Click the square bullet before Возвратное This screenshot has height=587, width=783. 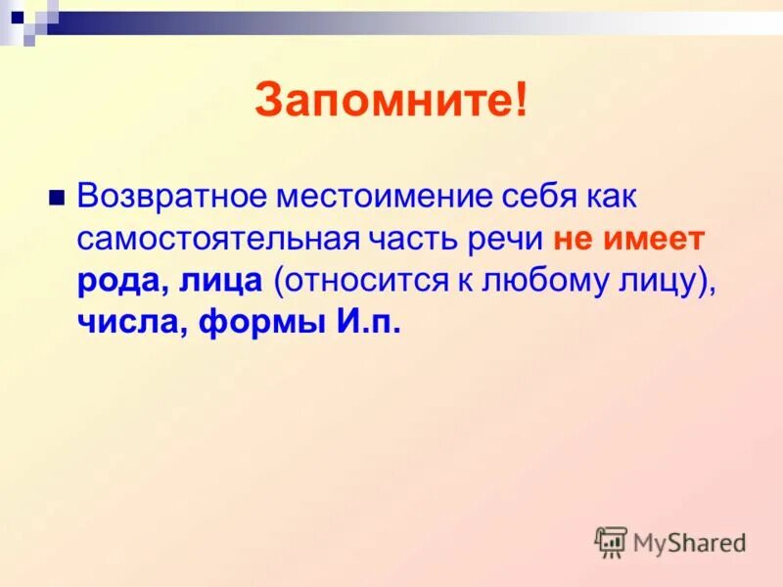[x=56, y=196]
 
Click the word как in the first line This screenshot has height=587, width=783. [x=611, y=196]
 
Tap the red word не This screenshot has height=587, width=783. [x=571, y=239]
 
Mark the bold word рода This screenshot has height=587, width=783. [x=119, y=281]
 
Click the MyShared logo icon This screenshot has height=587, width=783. [x=611, y=541]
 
